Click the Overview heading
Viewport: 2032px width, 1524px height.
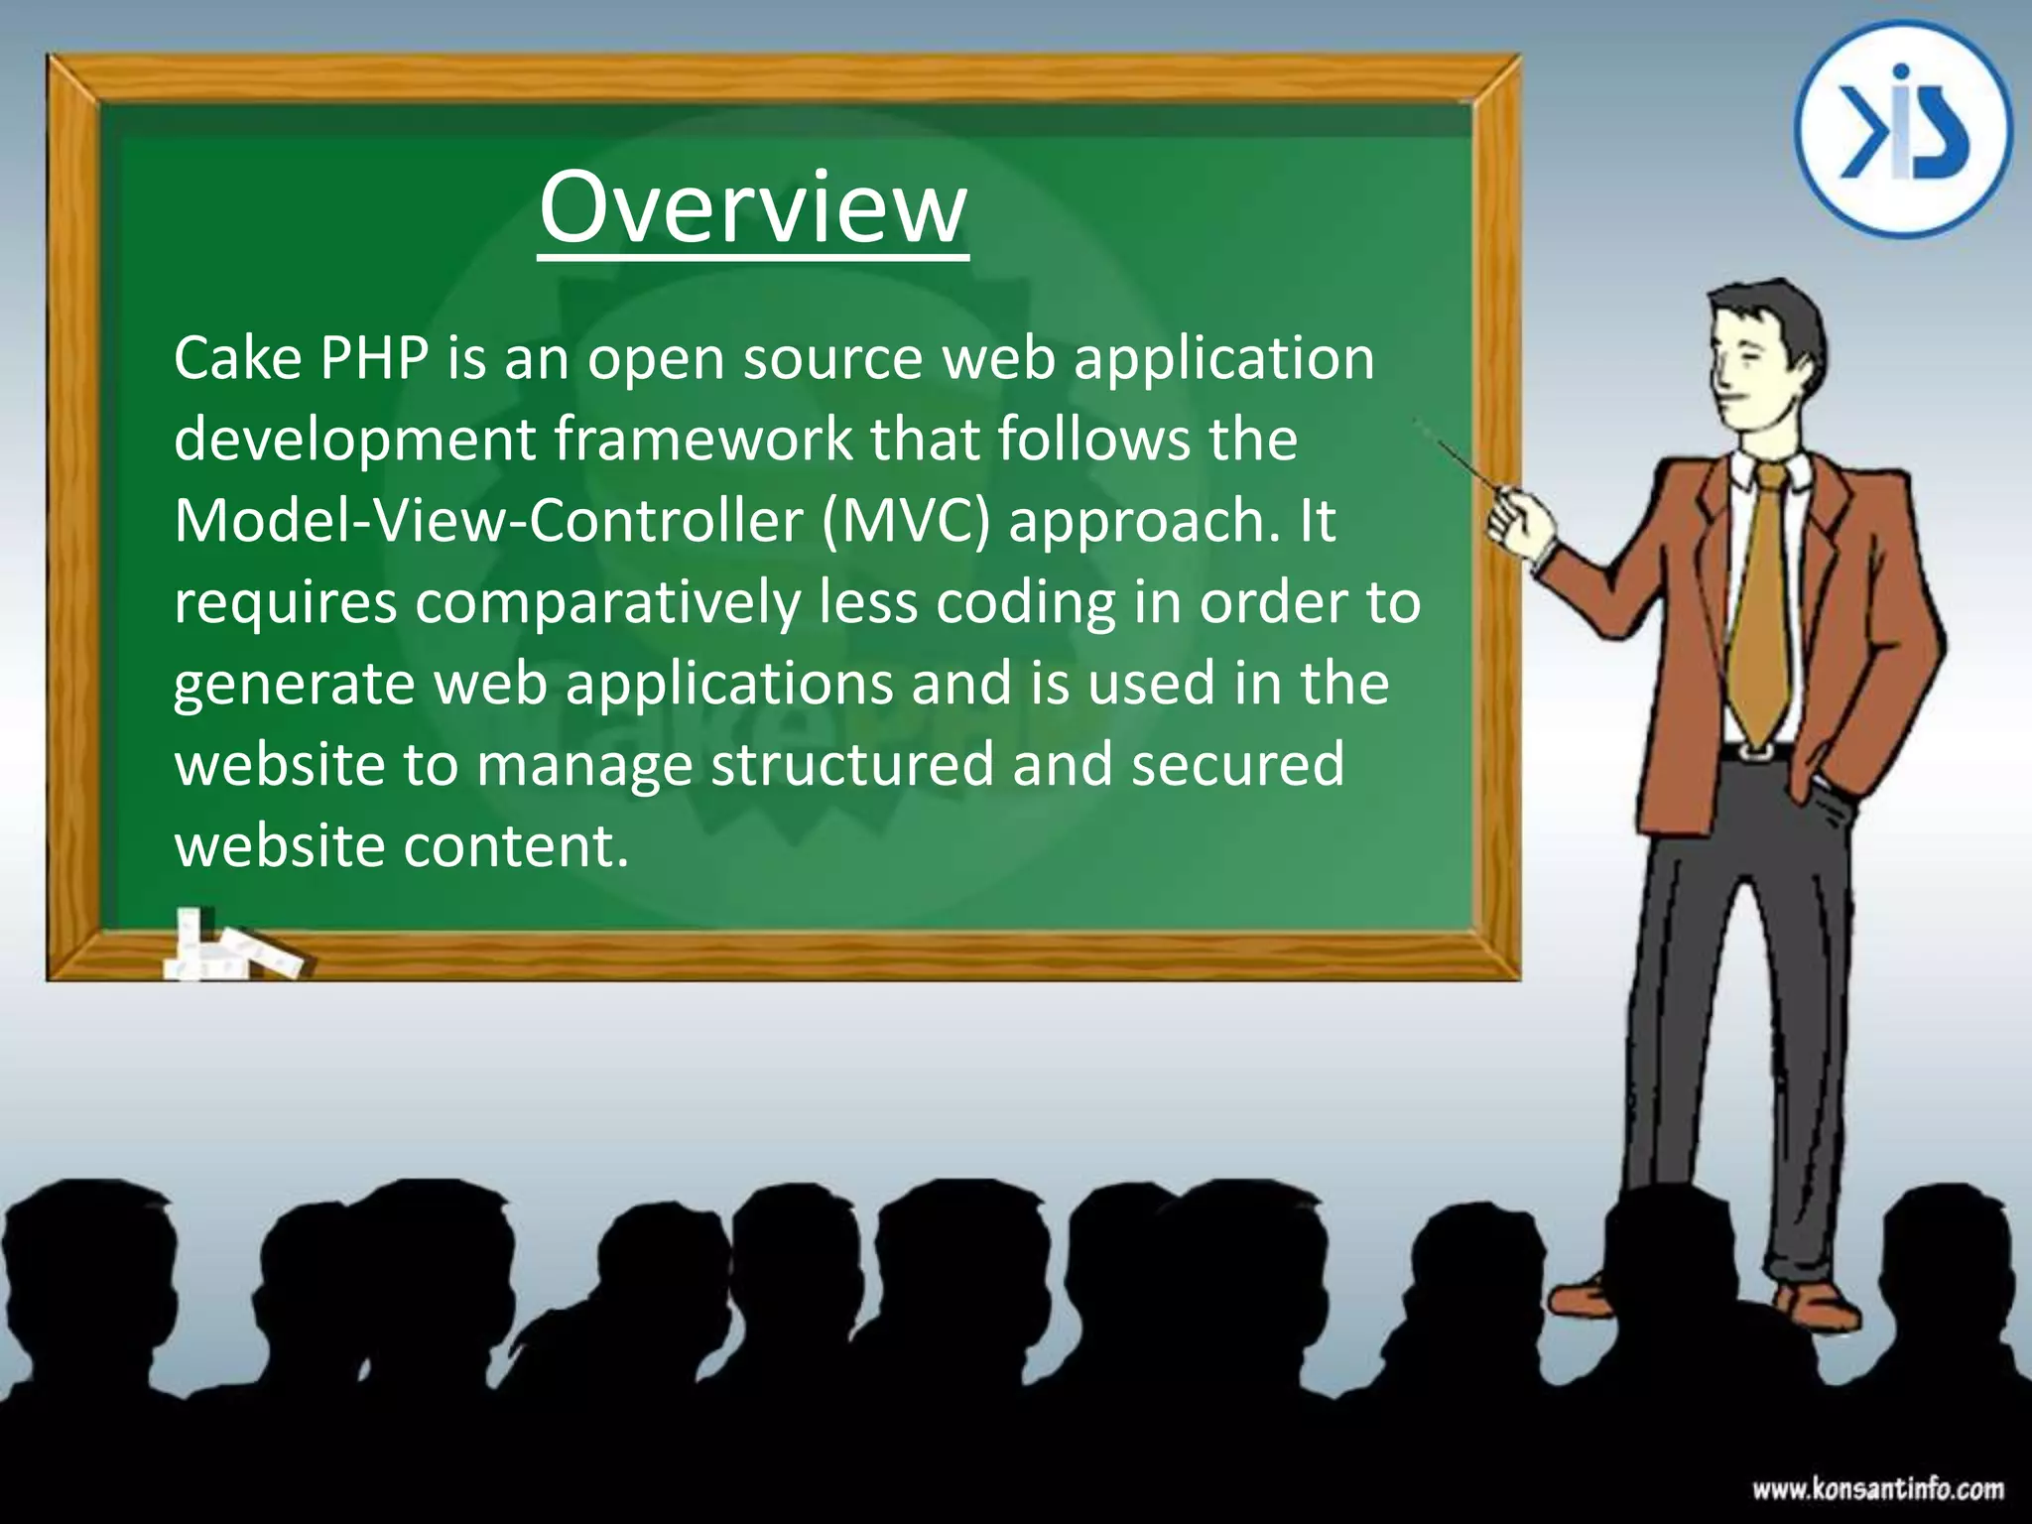coord(752,208)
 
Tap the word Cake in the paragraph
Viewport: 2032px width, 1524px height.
coord(237,358)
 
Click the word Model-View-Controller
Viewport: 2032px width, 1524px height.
coord(487,521)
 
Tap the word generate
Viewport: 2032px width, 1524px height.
coord(294,686)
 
